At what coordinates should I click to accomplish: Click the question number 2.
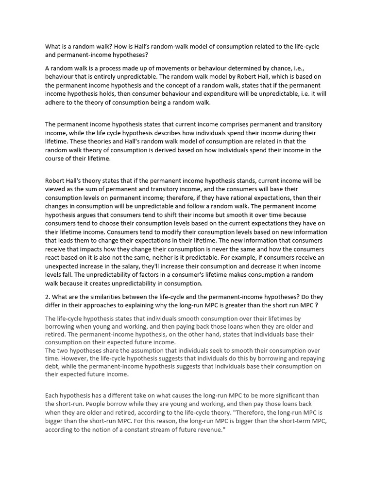(x=47, y=297)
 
